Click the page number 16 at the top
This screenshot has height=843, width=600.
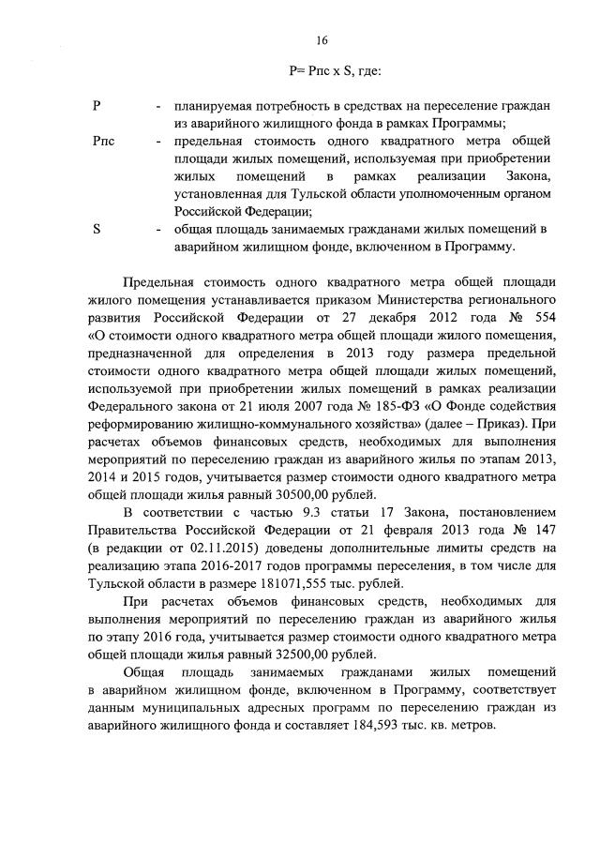point(321,40)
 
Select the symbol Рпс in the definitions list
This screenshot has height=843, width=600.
point(104,140)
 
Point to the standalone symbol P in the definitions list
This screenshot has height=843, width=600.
point(97,105)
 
